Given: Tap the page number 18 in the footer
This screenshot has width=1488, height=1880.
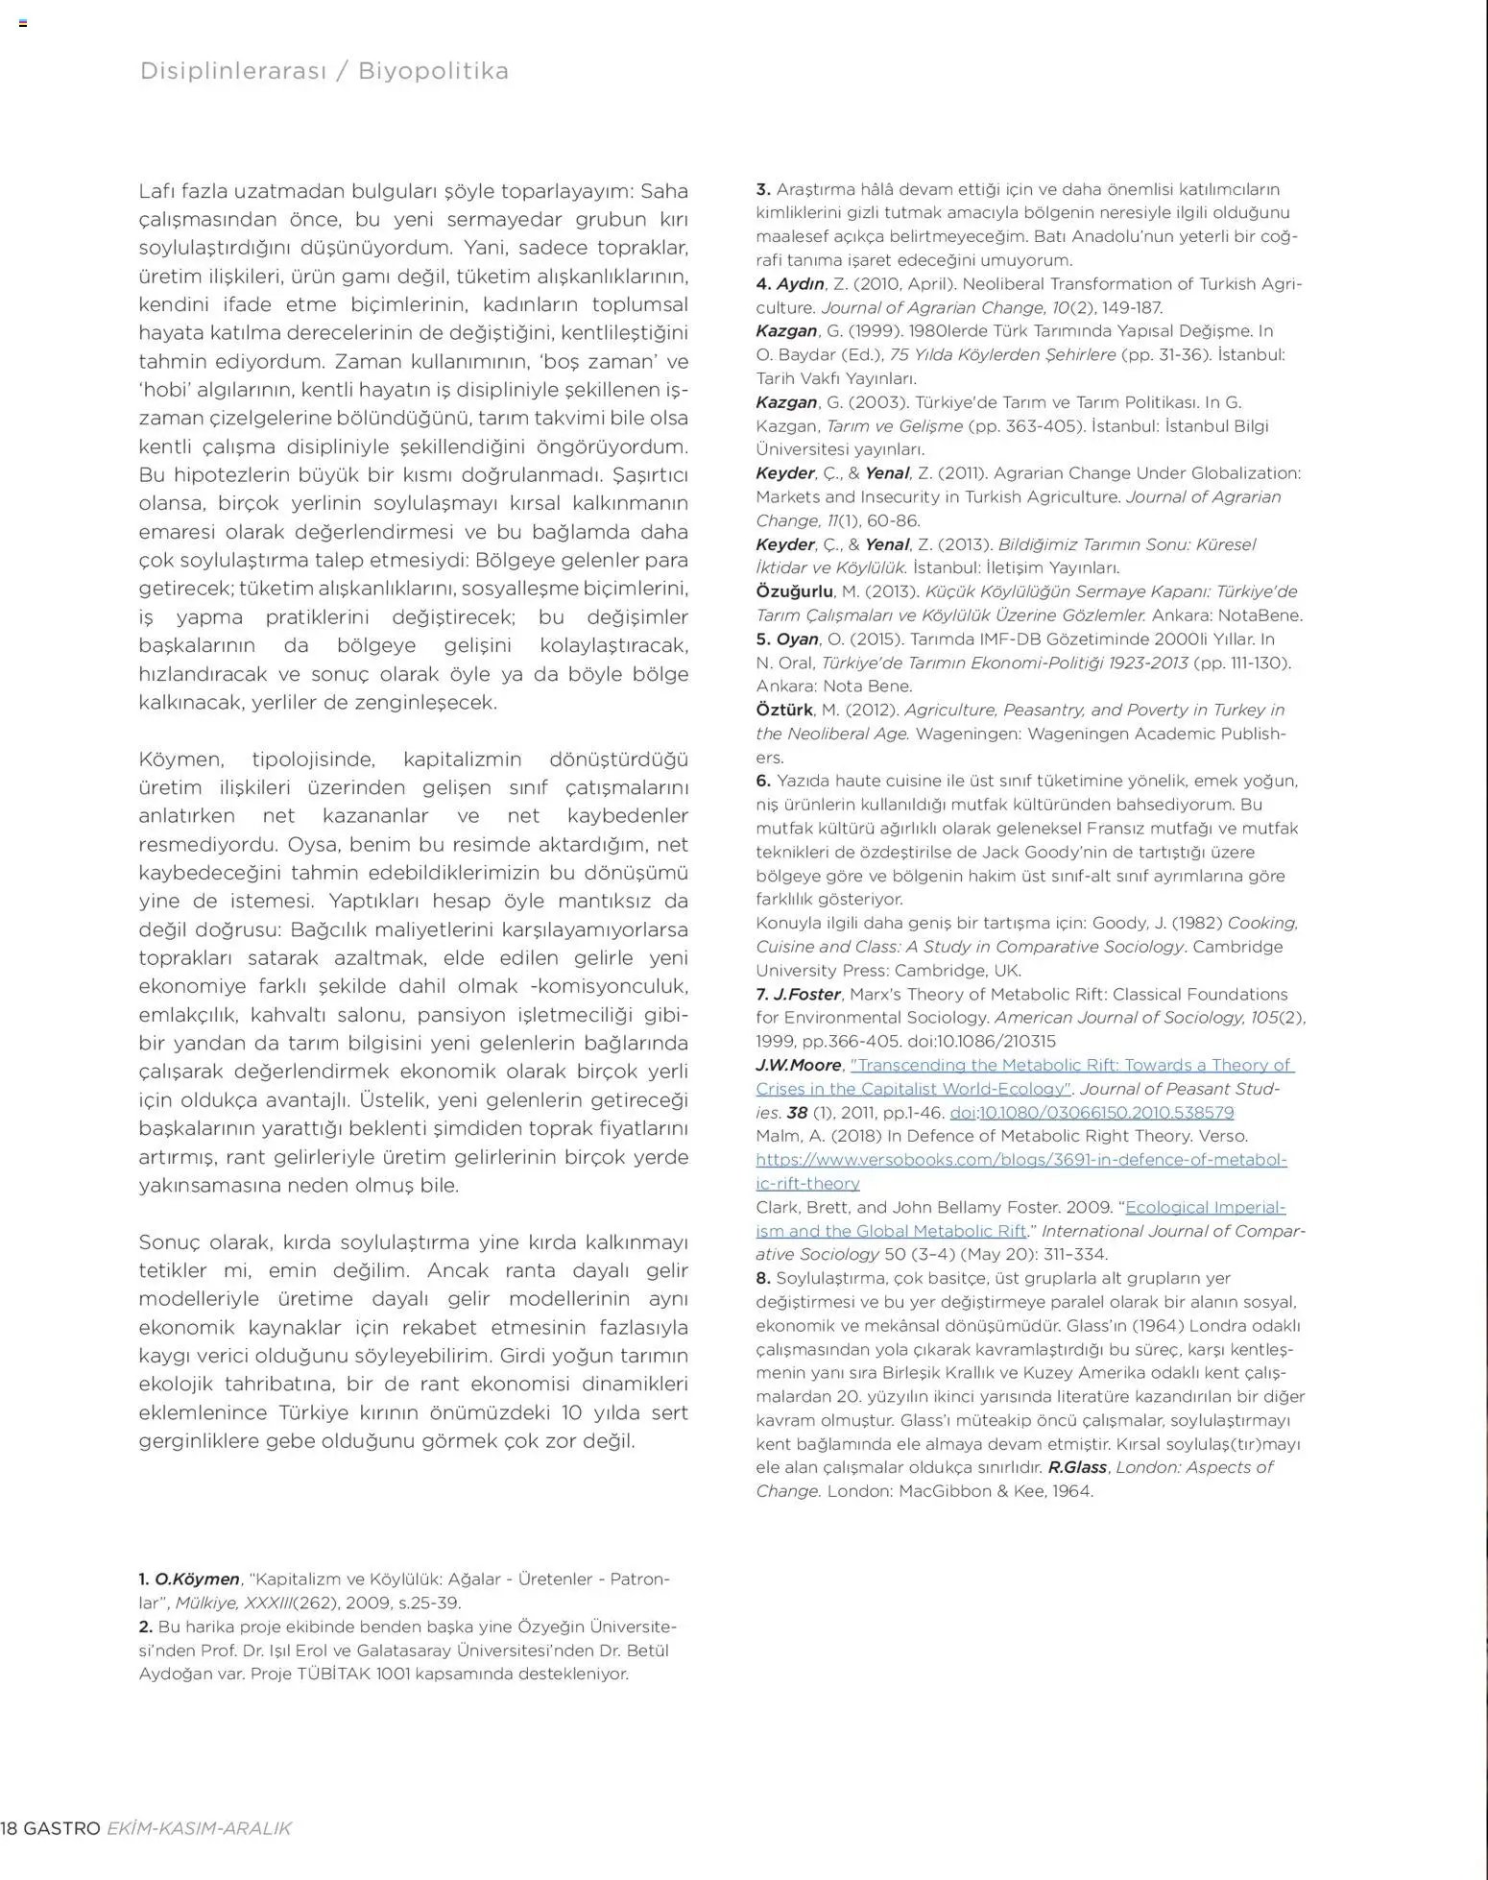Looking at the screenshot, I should (9, 1828).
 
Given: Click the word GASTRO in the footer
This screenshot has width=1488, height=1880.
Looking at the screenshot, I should (61, 1828).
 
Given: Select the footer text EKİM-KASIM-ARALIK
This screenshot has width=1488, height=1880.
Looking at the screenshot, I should (199, 1828).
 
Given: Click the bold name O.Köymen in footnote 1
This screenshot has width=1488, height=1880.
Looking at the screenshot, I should (197, 1579).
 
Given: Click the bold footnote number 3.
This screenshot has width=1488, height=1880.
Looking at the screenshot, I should (763, 190).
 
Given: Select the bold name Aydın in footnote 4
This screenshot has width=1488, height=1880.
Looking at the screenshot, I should (801, 284).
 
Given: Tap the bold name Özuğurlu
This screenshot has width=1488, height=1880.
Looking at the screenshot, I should (794, 591).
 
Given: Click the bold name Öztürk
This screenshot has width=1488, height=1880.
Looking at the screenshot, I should (784, 711).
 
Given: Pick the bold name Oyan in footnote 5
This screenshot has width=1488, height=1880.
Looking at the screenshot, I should (797, 639).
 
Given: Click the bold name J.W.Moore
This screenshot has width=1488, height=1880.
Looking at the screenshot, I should (798, 1066).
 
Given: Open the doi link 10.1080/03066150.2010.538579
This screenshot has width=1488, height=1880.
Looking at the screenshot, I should (1106, 1113).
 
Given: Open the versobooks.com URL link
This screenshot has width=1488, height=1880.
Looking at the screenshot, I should (1020, 1160).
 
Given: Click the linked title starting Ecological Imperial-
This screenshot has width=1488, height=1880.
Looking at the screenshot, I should (1205, 1208).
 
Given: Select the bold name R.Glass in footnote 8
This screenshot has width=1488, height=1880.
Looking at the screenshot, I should (1077, 1468).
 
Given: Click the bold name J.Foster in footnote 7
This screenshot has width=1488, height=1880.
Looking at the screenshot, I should (807, 995).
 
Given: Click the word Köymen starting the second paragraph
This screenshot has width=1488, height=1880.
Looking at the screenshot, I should (181, 759).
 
